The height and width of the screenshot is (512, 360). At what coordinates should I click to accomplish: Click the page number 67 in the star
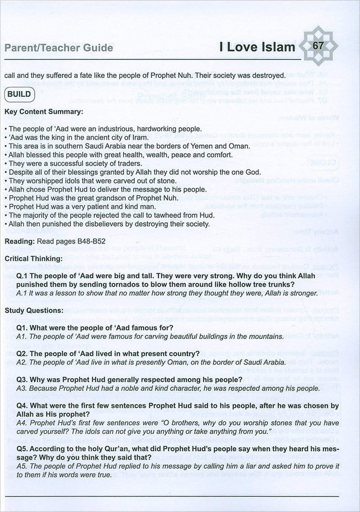[x=318, y=46]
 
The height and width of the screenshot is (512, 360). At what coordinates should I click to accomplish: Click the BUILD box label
[x=19, y=94]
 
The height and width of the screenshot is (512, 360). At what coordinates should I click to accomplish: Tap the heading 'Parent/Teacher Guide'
[x=59, y=47]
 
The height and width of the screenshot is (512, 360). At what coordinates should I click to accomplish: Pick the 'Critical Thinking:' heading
[x=34, y=259]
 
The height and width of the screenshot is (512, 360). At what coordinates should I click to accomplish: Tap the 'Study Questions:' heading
[x=34, y=311]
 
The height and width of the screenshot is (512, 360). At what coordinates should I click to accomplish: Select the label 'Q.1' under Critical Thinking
[x=22, y=276]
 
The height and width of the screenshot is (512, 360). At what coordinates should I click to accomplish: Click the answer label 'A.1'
[x=21, y=293]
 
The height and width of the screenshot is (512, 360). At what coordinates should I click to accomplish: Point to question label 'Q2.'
[x=22, y=353]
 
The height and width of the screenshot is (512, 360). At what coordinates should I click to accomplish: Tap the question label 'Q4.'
[x=22, y=405]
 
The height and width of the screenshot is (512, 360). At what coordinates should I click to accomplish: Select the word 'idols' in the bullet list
[x=66, y=180]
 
